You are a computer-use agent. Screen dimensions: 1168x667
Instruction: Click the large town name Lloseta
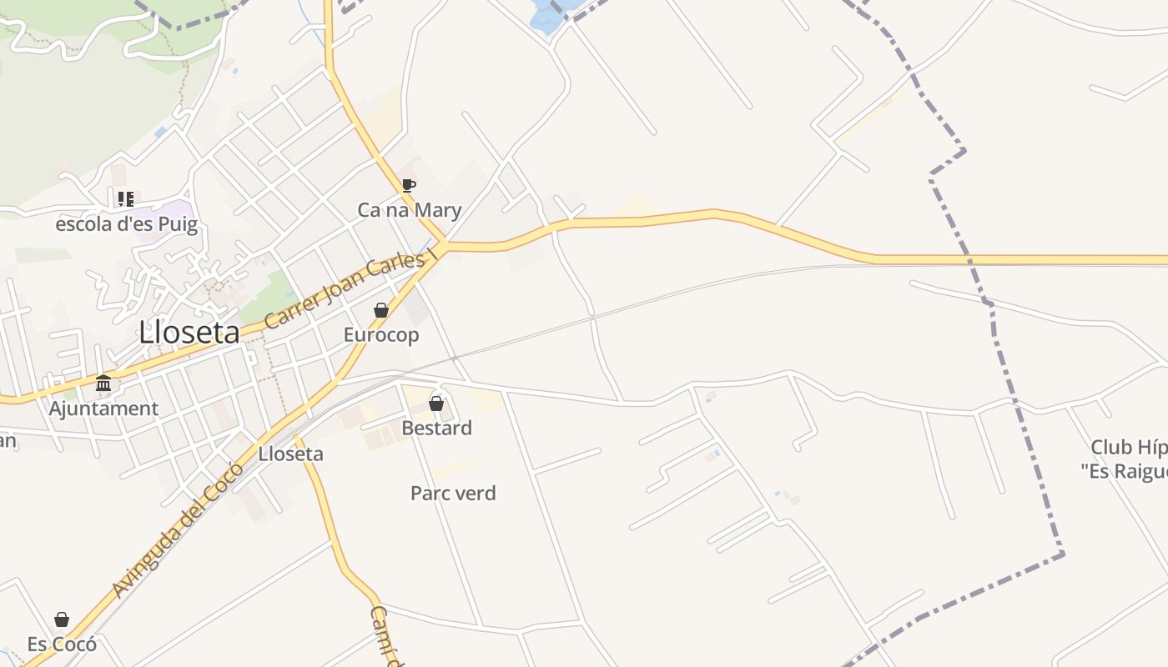coord(189,333)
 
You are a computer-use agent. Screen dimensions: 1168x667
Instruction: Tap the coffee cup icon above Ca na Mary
coord(408,185)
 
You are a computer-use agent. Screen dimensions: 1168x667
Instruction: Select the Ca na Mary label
coord(409,209)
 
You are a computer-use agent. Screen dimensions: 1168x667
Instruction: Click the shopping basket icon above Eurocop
coord(381,310)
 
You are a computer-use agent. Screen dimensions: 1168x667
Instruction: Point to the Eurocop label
coord(381,334)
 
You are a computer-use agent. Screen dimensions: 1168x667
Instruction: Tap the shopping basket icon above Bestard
coord(436,404)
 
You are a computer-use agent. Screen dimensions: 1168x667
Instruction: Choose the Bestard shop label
coord(436,428)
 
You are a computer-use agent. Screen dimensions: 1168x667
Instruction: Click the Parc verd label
coord(453,493)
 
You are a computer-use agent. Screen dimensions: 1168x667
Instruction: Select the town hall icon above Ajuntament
coord(103,384)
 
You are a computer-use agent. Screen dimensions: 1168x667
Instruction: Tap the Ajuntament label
coord(103,409)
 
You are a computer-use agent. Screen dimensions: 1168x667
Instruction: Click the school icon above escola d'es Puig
coord(125,199)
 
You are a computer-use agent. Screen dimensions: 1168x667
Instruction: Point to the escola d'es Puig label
coord(127,224)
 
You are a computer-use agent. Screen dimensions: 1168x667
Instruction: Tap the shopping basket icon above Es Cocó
coord(62,619)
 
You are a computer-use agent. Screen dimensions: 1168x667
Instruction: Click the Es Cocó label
coord(62,644)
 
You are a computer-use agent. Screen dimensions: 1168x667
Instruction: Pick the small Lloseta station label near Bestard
coord(290,454)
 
